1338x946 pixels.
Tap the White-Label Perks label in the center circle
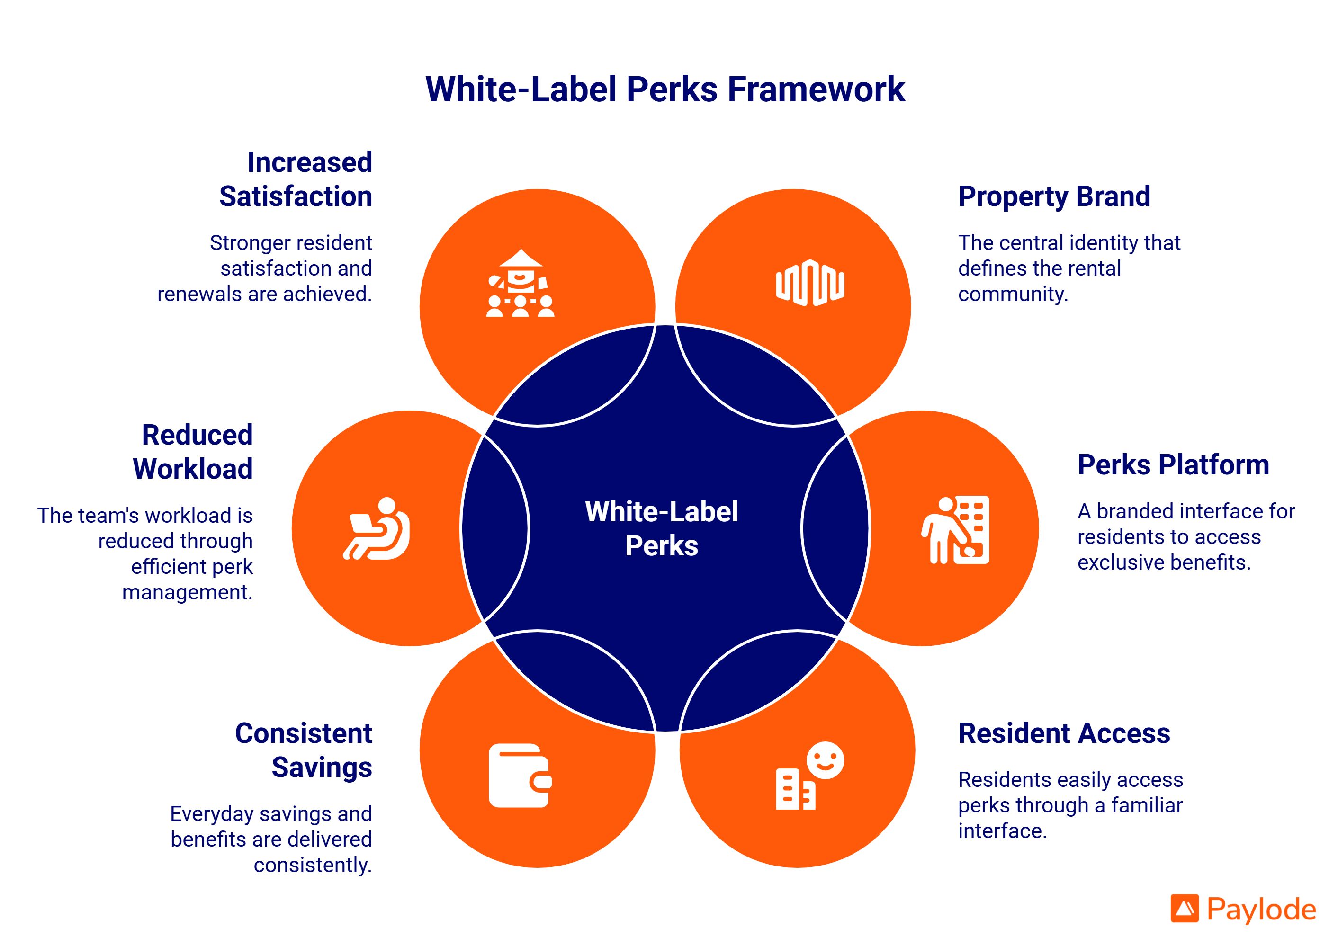pos(662,528)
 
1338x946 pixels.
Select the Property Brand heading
pos(1054,196)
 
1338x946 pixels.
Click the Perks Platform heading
pos(1173,465)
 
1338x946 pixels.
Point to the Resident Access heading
pos(1063,733)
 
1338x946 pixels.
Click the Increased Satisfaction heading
pos(296,179)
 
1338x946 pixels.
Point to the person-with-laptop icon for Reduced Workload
pos(377,528)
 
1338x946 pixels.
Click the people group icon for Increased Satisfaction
pos(521,284)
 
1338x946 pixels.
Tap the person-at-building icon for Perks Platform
pos(955,529)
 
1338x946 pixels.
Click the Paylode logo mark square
pos(1185,908)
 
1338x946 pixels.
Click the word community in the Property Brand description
pos(1012,294)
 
